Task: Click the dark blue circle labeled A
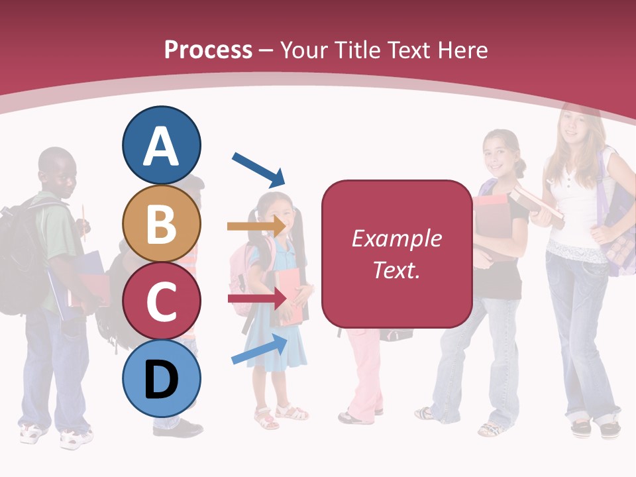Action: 162,146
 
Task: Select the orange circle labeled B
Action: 162,224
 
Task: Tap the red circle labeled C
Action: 162,300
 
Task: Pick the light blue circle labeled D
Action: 162,378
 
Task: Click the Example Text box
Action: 397,254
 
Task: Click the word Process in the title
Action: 208,50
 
